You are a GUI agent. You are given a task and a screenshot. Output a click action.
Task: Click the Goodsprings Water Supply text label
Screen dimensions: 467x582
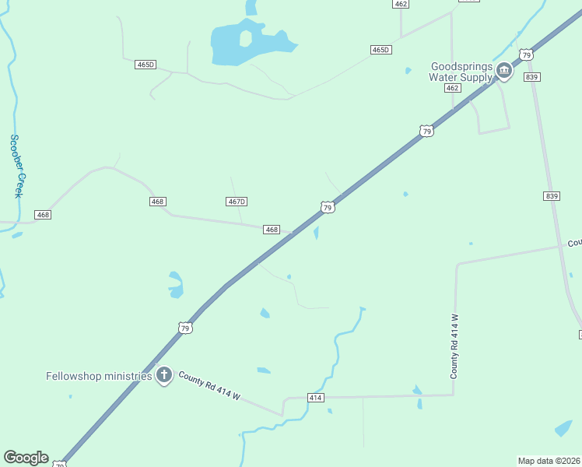coord(461,72)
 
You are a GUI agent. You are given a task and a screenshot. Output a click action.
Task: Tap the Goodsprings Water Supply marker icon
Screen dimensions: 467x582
coord(504,72)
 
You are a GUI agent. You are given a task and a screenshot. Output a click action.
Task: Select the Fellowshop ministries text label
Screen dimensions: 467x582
coord(99,376)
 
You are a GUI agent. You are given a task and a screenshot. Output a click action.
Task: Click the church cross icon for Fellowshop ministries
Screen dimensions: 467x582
coord(164,376)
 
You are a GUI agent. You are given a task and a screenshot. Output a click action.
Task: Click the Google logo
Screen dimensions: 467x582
coord(26,458)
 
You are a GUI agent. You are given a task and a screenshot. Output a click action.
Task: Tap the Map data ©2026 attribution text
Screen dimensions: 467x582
coord(549,460)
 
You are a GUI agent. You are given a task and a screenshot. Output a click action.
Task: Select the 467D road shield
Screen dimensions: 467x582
coord(237,202)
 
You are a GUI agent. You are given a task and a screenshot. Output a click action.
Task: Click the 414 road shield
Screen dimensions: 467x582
coord(315,398)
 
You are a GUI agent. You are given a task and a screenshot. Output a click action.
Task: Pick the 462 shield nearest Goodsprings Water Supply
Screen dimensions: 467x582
coord(453,88)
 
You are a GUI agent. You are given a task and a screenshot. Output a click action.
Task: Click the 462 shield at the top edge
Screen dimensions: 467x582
coord(401,4)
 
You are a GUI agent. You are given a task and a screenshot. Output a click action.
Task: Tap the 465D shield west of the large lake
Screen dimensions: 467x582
coord(145,65)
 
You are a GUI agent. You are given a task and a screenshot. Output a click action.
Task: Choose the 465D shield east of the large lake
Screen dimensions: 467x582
coord(380,50)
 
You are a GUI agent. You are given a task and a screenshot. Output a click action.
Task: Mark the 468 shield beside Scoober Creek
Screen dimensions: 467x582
coord(43,214)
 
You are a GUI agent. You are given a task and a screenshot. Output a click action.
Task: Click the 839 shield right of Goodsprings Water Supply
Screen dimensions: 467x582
coord(532,77)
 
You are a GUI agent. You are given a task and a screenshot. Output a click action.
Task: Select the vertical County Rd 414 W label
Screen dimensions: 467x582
coord(454,346)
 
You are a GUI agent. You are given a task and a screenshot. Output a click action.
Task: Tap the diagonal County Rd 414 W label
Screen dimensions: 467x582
coord(209,387)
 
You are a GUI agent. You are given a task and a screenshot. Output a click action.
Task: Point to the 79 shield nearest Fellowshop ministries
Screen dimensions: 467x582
coord(185,328)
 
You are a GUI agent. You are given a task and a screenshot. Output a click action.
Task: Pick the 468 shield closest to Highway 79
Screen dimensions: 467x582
coord(271,230)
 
